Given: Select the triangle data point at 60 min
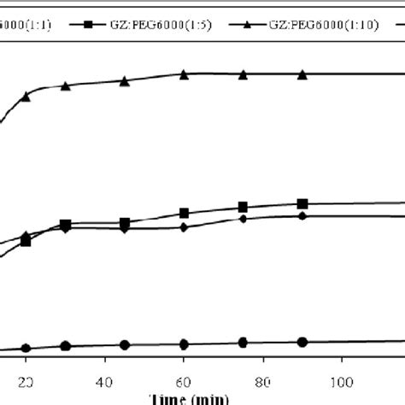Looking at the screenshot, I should tap(184, 74).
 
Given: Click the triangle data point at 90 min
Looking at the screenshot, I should tap(302, 74).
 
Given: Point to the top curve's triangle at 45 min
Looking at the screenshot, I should tap(125, 81).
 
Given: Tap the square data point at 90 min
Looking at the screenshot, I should tap(302, 203).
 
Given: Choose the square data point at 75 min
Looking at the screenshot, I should tap(243, 207).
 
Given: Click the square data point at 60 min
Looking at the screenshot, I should tap(184, 214).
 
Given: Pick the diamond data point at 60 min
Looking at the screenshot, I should tap(184, 227).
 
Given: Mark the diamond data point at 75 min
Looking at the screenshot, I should tap(243, 219).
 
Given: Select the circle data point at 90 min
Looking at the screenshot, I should tap(302, 342).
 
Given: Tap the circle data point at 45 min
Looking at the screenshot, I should tap(125, 345).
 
